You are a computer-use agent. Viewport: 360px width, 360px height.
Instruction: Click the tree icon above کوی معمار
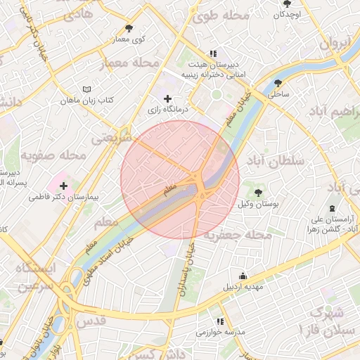(x=129, y=28)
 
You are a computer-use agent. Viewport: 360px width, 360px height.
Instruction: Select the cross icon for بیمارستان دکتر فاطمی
(x=63, y=185)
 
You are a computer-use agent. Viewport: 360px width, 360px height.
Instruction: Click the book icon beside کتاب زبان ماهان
(x=86, y=89)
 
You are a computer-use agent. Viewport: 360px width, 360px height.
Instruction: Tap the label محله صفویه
(x=53, y=155)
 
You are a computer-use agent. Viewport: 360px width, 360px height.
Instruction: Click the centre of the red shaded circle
(x=180, y=179)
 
